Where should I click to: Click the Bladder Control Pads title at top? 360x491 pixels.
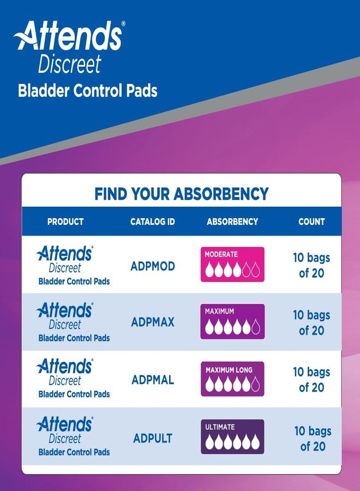point(87,91)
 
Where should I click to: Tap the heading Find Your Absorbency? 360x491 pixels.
point(182,194)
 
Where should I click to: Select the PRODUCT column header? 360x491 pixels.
point(65,221)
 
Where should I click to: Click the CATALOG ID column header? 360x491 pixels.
point(153,221)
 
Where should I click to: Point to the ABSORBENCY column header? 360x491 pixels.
point(232,221)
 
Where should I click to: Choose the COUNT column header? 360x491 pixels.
point(311,221)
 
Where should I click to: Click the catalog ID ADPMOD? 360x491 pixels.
point(153,266)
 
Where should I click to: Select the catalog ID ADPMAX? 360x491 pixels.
point(153,322)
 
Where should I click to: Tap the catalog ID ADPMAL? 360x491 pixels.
point(153,380)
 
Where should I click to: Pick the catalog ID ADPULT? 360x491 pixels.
point(153,438)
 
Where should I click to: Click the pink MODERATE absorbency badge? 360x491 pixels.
point(232,264)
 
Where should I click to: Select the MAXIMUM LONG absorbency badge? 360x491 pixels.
point(232,379)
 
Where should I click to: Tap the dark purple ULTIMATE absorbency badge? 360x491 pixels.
point(232,436)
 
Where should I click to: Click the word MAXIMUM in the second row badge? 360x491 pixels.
point(219,311)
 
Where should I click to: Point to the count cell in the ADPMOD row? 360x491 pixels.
point(311,265)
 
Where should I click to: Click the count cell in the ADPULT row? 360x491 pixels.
point(313,438)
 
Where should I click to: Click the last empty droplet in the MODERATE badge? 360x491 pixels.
point(255,270)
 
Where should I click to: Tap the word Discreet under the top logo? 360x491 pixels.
point(69,64)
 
